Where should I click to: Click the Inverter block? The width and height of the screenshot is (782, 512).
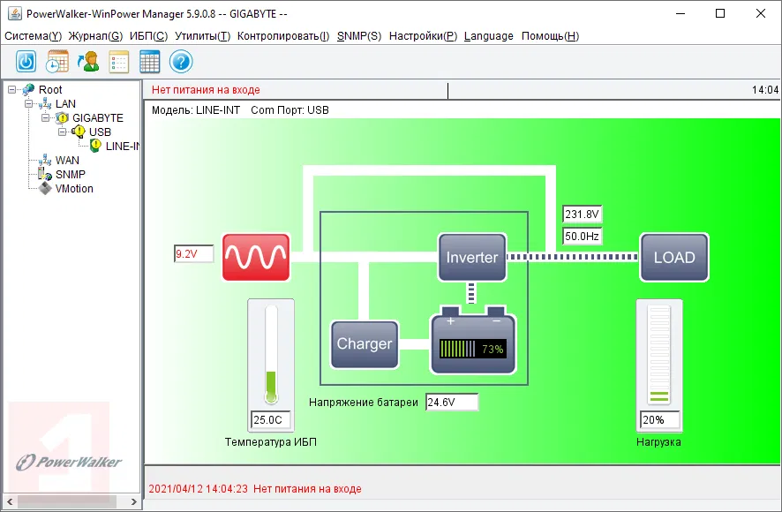coord(472,257)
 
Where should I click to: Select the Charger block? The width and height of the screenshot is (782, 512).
coord(365,343)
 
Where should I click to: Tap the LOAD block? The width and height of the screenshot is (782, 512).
coord(674,257)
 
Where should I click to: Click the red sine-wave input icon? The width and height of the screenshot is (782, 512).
coord(256,257)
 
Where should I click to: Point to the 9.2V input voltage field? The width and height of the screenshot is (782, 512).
coord(194,254)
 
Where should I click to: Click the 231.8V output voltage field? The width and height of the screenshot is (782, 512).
coord(582,215)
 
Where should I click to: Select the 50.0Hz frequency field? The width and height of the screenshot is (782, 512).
coord(582,237)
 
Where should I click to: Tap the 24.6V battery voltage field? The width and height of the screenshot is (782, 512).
coord(451,403)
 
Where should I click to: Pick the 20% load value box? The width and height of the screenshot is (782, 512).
coord(659,419)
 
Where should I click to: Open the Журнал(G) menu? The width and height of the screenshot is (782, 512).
coord(95,36)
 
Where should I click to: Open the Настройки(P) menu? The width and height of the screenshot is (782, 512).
coord(423,36)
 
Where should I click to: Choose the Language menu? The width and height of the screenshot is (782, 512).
coord(488,36)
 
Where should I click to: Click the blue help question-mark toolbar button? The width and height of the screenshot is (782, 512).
coord(181,62)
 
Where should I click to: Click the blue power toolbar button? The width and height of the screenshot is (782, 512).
coord(26,62)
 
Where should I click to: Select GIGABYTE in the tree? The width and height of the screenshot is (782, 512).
coord(97,118)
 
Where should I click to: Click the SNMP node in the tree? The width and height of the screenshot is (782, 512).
coord(70,175)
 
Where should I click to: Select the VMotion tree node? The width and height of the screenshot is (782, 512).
coord(74,189)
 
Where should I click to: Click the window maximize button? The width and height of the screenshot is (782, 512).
coord(720,13)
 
